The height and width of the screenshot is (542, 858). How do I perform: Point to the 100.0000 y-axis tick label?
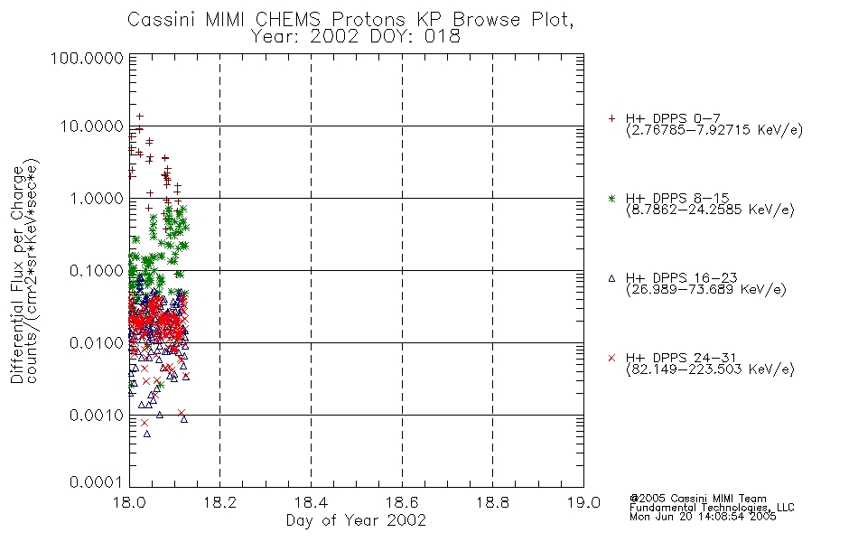point(87,58)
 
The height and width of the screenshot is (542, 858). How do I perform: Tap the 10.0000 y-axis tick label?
point(92,126)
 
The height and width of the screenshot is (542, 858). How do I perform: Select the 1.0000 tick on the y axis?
point(97,198)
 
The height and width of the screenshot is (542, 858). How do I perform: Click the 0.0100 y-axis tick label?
point(97,342)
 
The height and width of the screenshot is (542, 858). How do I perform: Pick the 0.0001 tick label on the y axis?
point(97,481)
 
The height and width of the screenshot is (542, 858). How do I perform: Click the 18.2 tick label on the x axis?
point(220,502)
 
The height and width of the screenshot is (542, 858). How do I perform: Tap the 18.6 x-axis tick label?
point(402,502)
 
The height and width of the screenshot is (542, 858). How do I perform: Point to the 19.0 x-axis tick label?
point(583,502)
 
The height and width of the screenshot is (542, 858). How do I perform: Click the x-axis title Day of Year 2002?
point(356,520)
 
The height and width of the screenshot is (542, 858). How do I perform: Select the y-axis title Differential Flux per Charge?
point(17,276)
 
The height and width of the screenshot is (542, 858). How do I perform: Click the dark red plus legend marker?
point(611,118)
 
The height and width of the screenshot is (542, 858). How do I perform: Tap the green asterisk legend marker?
point(611,198)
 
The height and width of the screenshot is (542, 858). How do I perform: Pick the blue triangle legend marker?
point(611,278)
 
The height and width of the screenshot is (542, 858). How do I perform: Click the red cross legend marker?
point(611,358)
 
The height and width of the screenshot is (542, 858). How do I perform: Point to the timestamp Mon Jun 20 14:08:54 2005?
point(703,517)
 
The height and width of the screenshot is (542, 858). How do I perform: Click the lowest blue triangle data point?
point(146,434)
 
